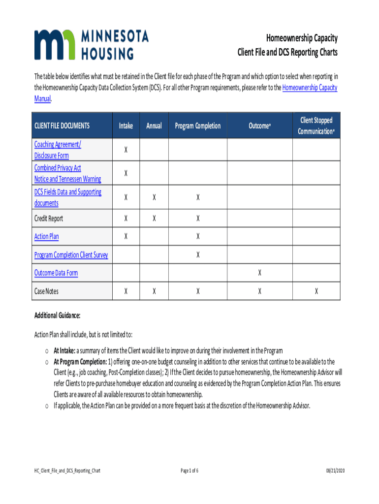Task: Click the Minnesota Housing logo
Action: pos(91,44)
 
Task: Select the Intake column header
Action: pos(126,126)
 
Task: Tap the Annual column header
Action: pos(154,126)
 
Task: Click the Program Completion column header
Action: pos(198,126)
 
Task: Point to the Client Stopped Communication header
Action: pos(316,126)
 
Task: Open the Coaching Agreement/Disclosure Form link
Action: pos(58,150)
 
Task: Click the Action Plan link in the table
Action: pos(46,236)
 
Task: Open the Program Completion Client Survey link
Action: pos(71,254)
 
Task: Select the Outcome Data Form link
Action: pos(56,273)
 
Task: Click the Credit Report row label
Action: pos(49,218)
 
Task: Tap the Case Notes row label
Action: pos(46,291)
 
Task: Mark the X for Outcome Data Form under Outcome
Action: pos(259,273)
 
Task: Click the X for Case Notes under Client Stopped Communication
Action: pos(316,291)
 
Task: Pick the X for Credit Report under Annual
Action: pos(154,218)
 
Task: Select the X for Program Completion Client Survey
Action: pos(198,254)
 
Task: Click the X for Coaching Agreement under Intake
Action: pos(126,150)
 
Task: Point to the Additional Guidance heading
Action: pos(57,315)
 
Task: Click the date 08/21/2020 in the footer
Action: pos(335,471)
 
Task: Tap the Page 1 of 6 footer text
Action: pos(189,471)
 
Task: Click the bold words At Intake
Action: pos(64,350)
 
